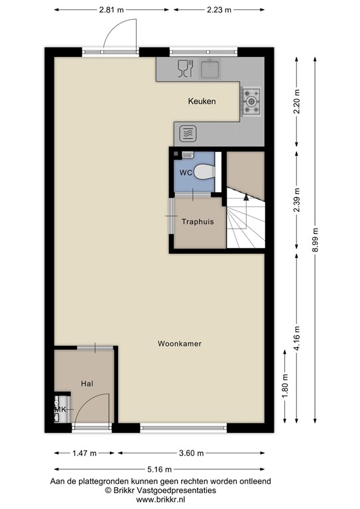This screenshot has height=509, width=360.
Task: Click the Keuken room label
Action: tap(202, 101)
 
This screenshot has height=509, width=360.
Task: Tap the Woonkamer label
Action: tap(180, 344)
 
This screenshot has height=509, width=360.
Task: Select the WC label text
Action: tap(186, 173)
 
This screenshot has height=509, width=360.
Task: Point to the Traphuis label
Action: tap(198, 222)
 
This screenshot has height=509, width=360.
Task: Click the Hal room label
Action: tap(87, 384)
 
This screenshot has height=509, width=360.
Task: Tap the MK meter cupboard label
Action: tap(60, 410)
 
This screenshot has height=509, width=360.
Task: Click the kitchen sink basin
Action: tap(211, 68)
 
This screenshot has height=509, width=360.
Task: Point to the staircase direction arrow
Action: tap(245, 196)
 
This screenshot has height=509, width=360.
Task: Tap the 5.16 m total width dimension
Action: tap(160, 471)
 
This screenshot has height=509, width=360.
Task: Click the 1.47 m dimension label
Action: tap(84, 453)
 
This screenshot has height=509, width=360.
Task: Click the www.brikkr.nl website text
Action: tap(160, 499)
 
